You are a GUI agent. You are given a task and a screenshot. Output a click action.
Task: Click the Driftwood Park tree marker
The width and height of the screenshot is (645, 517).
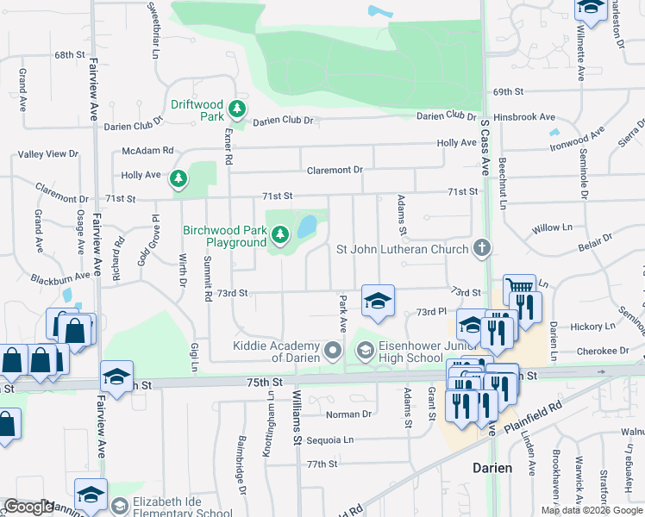[x=237, y=110]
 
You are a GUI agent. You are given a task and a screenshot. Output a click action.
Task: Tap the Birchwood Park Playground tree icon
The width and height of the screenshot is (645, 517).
[x=279, y=234]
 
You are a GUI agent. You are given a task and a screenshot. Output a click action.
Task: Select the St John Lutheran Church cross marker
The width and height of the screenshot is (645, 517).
[x=482, y=249]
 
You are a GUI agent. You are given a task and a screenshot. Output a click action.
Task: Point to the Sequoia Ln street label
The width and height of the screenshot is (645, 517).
[x=324, y=439]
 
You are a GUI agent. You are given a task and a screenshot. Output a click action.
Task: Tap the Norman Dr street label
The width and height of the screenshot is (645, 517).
[x=348, y=414]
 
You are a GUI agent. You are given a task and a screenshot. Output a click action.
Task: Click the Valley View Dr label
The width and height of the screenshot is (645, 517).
[x=48, y=154]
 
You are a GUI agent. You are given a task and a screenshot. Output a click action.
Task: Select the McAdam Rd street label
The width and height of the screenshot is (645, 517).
[x=147, y=149]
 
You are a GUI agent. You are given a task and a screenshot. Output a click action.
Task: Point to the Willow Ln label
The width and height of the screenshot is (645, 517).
[x=552, y=227]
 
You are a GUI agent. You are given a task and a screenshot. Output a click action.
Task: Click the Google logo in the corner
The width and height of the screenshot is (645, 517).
[x=28, y=507]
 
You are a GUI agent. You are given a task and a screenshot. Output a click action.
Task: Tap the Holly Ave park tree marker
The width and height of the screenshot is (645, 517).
[x=178, y=179]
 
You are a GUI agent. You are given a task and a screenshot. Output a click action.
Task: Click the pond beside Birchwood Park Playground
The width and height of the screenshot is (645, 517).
[x=306, y=227]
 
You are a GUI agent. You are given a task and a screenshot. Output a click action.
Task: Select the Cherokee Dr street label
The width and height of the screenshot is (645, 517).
[x=603, y=351]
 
